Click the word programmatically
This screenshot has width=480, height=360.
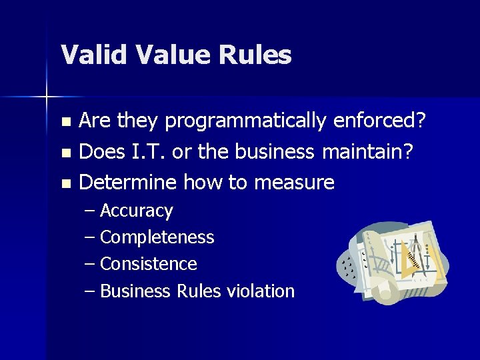click(x=245, y=121)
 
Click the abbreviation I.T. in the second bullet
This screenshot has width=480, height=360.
click(x=146, y=151)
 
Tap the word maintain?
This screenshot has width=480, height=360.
click(x=368, y=151)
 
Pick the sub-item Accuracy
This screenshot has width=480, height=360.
click(x=136, y=211)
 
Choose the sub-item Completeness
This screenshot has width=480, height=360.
click(x=157, y=237)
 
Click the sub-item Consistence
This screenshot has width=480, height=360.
click(x=148, y=264)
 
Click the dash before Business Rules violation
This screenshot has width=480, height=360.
click(x=91, y=291)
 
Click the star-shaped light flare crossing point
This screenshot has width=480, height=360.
click(x=47, y=98)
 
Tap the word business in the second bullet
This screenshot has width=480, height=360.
click(x=274, y=151)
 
